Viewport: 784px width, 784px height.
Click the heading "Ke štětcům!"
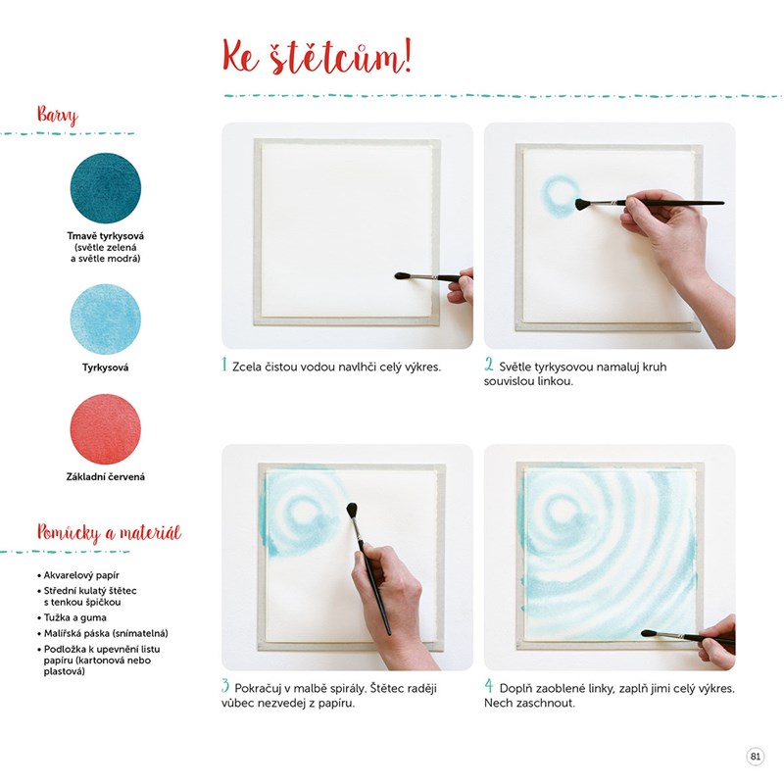(317, 58)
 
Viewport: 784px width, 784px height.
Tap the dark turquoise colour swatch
(106, 188)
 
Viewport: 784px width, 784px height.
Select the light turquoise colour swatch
(106, 319)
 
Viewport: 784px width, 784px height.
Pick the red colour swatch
(106, 429)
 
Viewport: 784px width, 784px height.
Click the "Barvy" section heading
(58, 115)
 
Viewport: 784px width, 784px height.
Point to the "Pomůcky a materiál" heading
(109, 532)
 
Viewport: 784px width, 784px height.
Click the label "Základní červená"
(106, 477)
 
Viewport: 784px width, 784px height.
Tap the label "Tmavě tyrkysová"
(106, 236)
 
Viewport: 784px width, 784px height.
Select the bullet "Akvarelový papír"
(78, 575)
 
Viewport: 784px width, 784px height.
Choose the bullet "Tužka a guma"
(72, 617)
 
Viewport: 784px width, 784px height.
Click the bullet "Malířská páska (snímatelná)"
(103, 633)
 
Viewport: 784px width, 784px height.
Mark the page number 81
(755, 756)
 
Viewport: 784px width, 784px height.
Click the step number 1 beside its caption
(224, 365)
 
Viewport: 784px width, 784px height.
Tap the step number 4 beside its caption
(488, 686)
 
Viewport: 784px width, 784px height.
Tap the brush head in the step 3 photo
(353, 511)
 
